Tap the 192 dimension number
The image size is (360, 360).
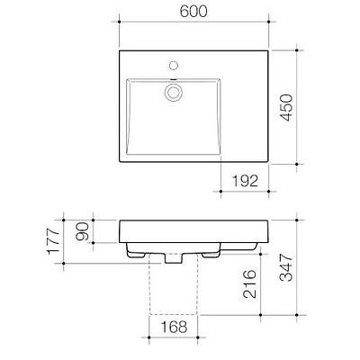click(x=244, y=181)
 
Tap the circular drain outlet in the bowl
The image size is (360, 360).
click(x=171, y=91)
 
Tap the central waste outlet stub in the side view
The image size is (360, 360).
click(x=171, y=260)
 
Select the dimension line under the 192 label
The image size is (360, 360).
click(x=244, y=191)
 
